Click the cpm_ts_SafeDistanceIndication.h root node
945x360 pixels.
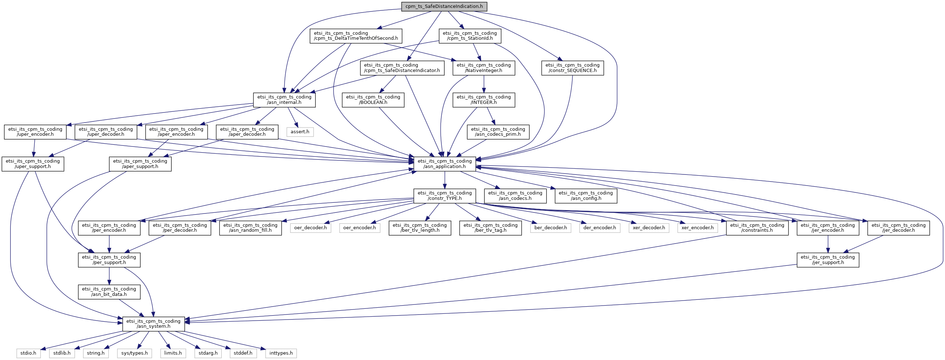click(x=444, y=6)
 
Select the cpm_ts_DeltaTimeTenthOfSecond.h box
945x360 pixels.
click(x=356, y=36)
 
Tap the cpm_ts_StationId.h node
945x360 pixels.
click(x=470, y=36)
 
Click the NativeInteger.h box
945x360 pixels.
click(x=484, y=68)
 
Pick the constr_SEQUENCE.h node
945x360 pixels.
click(x=572, y=68)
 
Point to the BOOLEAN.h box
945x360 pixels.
click(x=373, y=100)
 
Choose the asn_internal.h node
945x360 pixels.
click(x=284, y=100)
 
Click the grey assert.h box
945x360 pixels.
click(x=300, y=132)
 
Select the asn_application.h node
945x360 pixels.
click(x=445, y=164)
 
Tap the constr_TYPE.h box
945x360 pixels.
click(x=445, y=196)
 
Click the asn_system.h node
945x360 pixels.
click(x=153, y=324)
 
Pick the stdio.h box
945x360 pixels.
click(x=28, y=353)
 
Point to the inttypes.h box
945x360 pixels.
click(x=281, y=353)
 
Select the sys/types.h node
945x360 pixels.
click(x=135, y=353)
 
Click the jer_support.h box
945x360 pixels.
click(x=828, y=260)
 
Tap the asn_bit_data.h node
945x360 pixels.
click(x=109, y=292)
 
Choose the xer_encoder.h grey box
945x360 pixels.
click(x=697, y=228)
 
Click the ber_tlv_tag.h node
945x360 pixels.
click(x=490, y=228)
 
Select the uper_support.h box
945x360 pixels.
click(x=33, y=164)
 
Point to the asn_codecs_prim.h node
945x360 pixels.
click(x=498, y=132)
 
